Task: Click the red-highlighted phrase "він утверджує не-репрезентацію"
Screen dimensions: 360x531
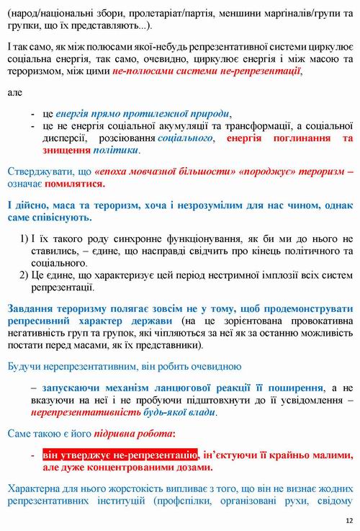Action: click(120, 455)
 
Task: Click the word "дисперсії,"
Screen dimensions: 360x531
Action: click(66, 138)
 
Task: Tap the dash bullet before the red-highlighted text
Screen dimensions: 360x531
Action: click(33, 455)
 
